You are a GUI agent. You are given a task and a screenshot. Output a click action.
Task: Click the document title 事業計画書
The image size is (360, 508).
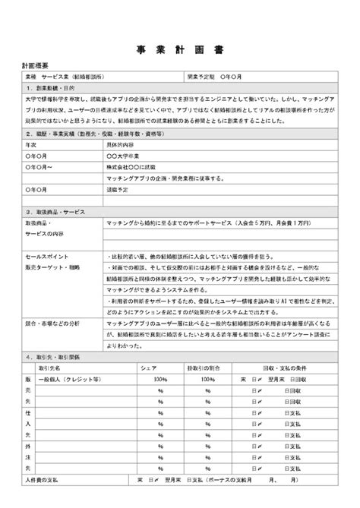pyautogui.click(x=180, y=47)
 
